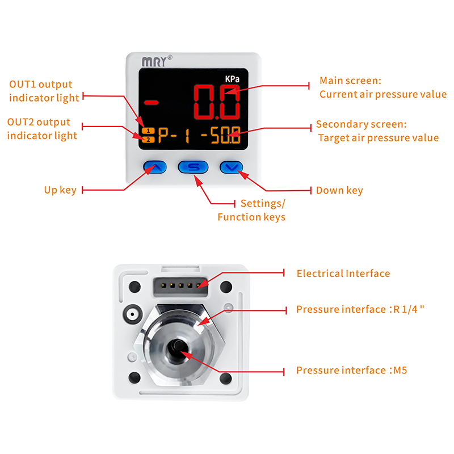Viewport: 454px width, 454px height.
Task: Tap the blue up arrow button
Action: pos(154,167)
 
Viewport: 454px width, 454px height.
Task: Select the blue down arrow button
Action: pos(231,167)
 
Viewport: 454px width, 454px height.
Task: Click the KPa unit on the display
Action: pos(231,80)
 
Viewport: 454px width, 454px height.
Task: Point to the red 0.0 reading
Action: pos(217,102)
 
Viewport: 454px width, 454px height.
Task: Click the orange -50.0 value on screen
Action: pos(219,137)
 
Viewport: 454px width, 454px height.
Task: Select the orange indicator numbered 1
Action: pos(147,131)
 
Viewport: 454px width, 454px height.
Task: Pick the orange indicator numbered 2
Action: pos(147,139)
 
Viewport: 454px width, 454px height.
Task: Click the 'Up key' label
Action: pos(60,190)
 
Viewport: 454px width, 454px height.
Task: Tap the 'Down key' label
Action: pos(339,190)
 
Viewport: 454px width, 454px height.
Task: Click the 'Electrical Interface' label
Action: pos(343,274)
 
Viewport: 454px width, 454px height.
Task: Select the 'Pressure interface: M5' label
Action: pos(352,371)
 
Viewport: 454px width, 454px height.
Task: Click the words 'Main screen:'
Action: pos(350,81)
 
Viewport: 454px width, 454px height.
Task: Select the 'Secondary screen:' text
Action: pos(361,124)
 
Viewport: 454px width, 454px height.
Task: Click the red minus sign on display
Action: pos(152,103)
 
